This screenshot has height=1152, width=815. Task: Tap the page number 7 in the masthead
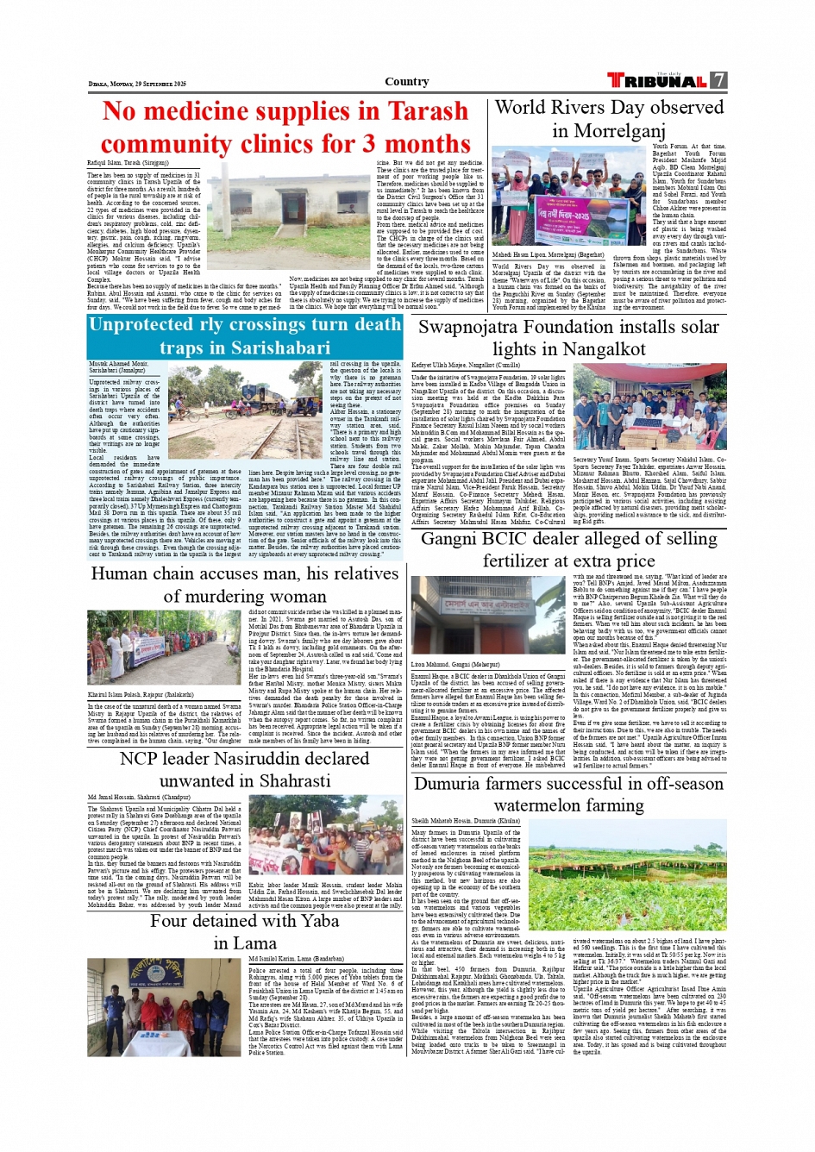[x=719, y=80]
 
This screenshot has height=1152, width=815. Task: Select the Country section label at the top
[x=407, y=82]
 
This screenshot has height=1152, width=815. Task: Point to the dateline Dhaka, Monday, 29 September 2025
[x=137, y=84]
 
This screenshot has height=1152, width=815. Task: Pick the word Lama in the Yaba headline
[x=256, y=943]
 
